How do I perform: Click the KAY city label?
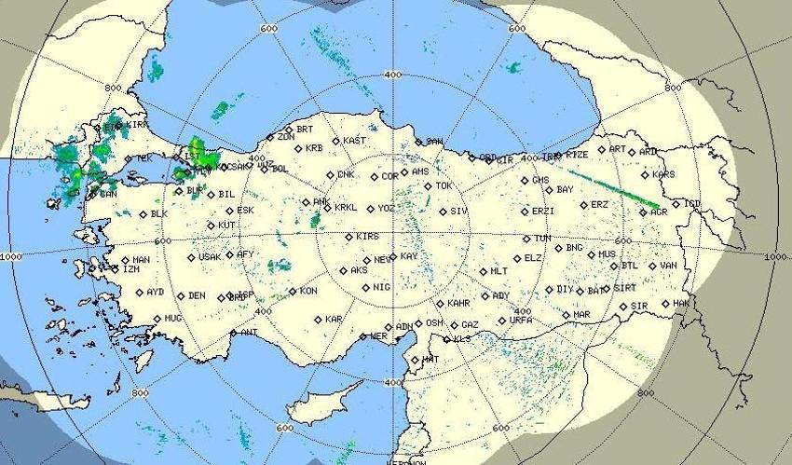pos(410,256)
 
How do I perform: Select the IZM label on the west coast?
pos(131,269)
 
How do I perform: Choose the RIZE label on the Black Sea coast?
pos(578,155)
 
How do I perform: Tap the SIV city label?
pos(458,212)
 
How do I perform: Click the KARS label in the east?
pos(663,174)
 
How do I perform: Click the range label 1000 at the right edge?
pos(775,256)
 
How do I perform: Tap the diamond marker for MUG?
pos(156,318)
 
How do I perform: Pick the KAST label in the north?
pos(355,141)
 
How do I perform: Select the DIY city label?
pos(566,290)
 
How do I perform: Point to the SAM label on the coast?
pos(434,142)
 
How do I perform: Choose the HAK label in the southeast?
pos(681,303)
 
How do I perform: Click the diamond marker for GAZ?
pos(453,325)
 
